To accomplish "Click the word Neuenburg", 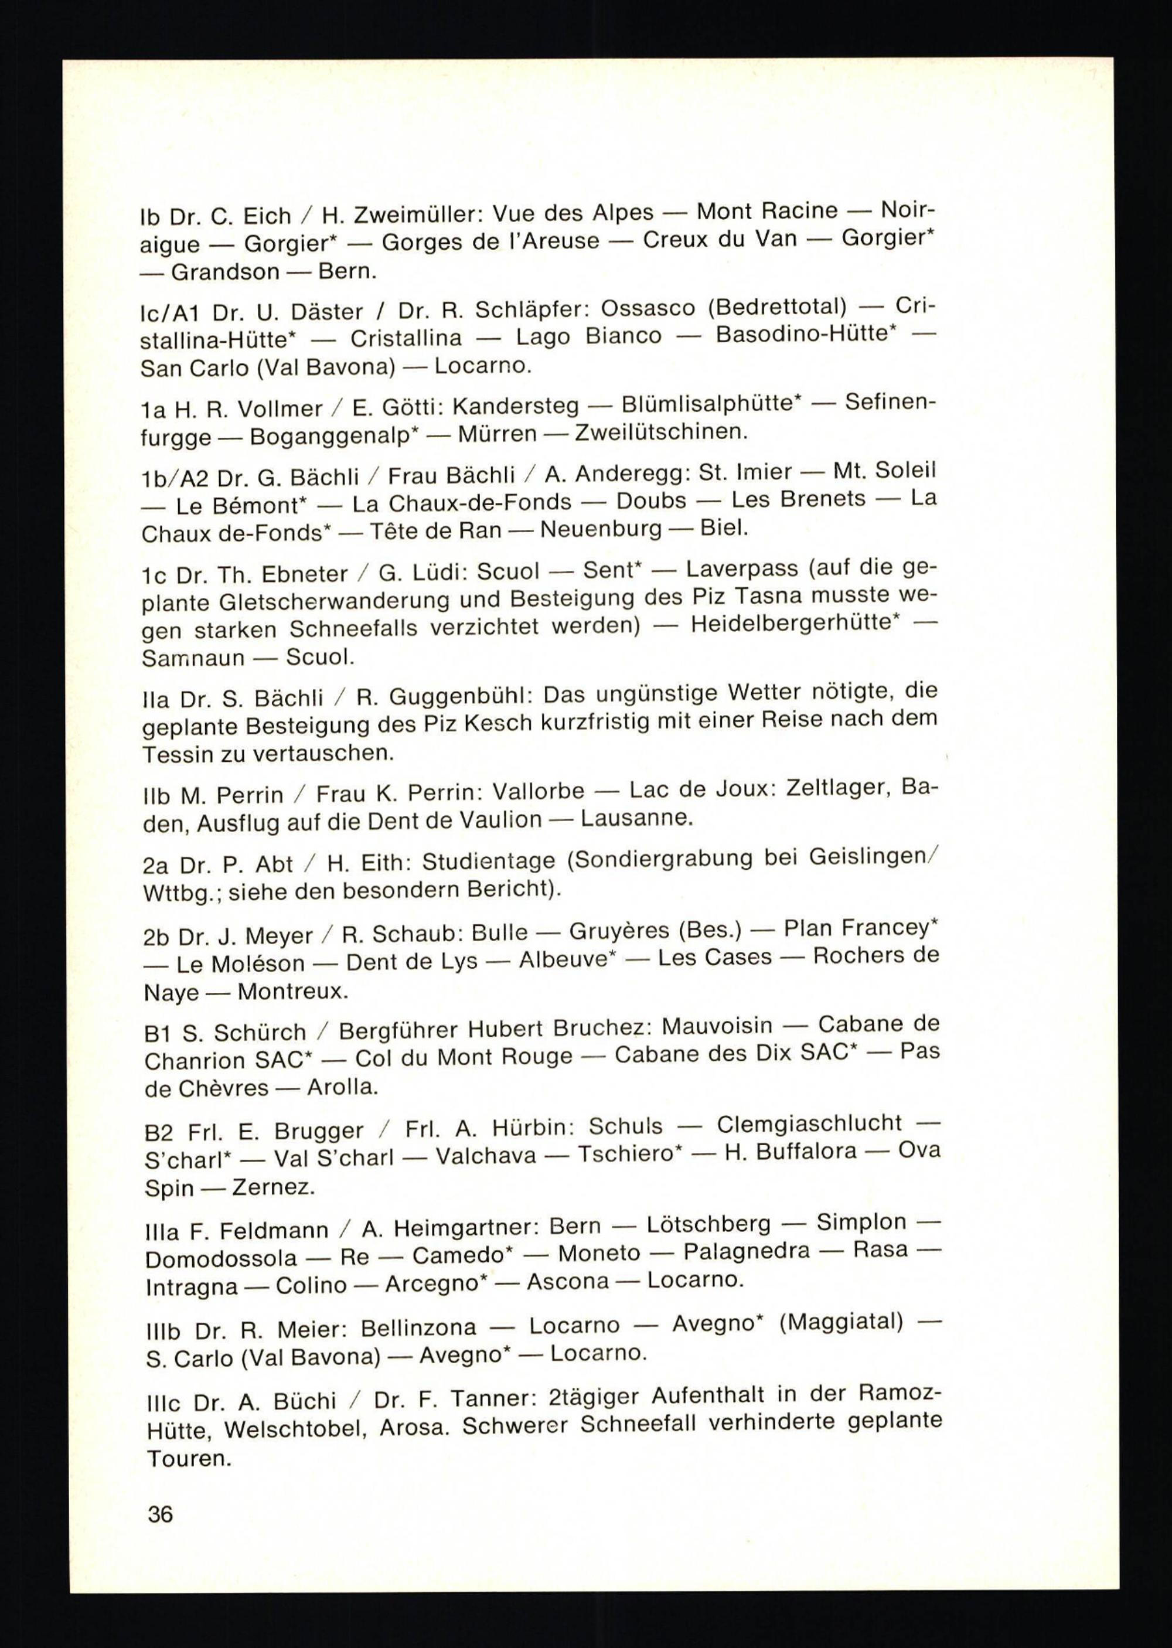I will [601, 530].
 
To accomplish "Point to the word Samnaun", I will [193, 658].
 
